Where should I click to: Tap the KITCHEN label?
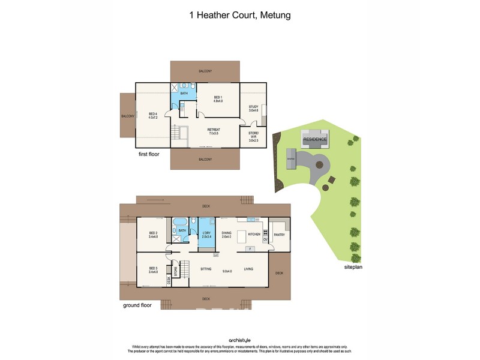(x=254, y=233)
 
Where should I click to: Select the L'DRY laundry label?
(x=206, y=233)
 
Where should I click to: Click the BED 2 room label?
(x=152, y=233)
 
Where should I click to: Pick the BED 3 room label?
(x=152, y=269)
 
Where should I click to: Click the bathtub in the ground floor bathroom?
(x=179, y=229)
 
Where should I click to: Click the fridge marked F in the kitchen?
(x=249, y=248)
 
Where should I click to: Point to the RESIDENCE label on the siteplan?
(x=314, y=139)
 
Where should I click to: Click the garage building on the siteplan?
(x=291, y=158)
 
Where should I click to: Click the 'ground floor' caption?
(x=138, y=305)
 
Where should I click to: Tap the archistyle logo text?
(x=240, y=341)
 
